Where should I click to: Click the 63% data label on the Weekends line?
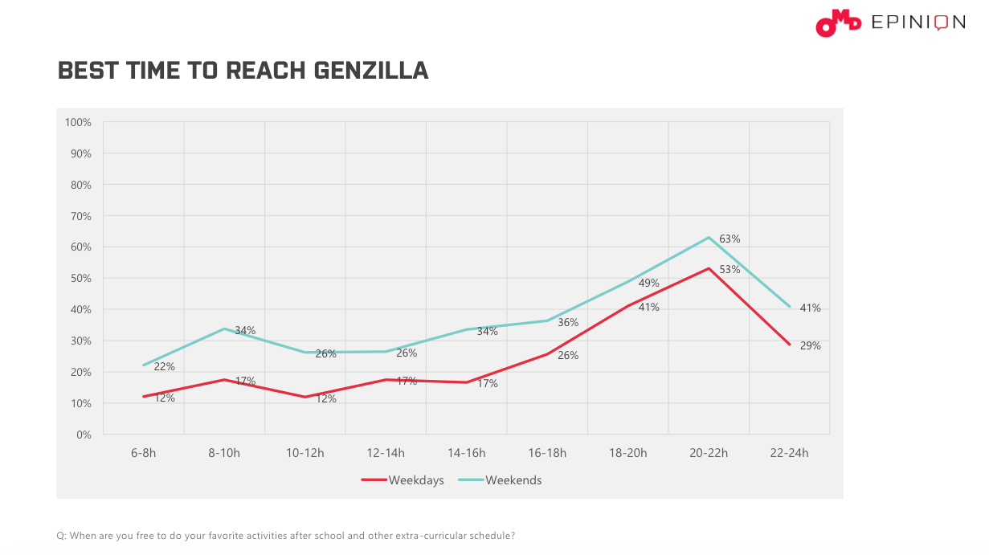pyautogui.click(x=729, y=239)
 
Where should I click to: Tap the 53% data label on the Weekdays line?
pyautogui.click(x=729, y=270)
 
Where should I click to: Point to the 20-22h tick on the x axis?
pyautogui.click(x=708, y=453)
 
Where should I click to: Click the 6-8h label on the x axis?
pyautogui.click(x=143, y=453)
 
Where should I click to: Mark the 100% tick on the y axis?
pyautogui.click(x=78, y=122)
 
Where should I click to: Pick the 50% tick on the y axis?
pyautogui.click(x=80, y=279)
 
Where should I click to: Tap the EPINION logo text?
pyautogui.click(x=918, y=22)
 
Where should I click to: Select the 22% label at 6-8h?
pyautogui.click(x=165, y=367)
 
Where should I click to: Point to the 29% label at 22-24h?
pyautogui.click(x=810, y=346)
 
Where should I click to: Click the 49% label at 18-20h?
pyautogui.click(x=649, y=284)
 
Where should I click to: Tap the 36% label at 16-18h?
pyautogui.click(x=568, y=323)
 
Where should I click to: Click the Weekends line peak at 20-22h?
pyautogui.click(x=709, y=238)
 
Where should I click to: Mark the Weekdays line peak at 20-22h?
pyautogui.click(x=709, y=268)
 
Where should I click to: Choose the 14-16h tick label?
pyautogui.click(x=466, y=453)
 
